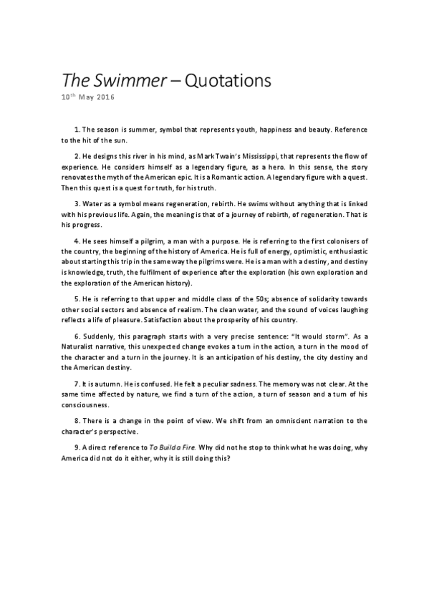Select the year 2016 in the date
click(105, 97)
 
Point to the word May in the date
click(85, 97)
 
